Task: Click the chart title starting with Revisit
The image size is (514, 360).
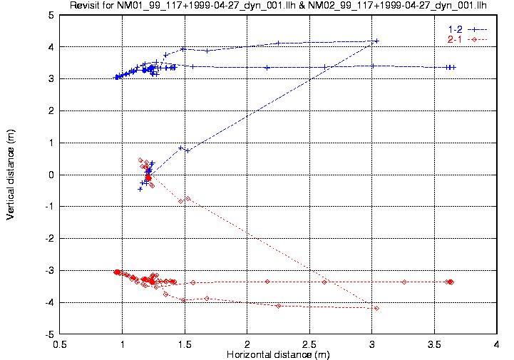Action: click(278, 6)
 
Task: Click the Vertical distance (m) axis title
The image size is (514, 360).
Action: click(11, 175)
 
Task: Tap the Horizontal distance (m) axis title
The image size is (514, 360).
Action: click(277, 354)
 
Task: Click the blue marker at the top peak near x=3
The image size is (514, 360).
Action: click(376, 41)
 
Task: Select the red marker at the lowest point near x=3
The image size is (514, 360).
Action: click(376, 308)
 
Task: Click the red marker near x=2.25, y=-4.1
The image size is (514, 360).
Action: click(278, 306)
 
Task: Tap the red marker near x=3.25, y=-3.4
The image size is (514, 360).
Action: click(404, 282)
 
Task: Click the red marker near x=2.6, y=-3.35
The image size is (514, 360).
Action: click(324, 282)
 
